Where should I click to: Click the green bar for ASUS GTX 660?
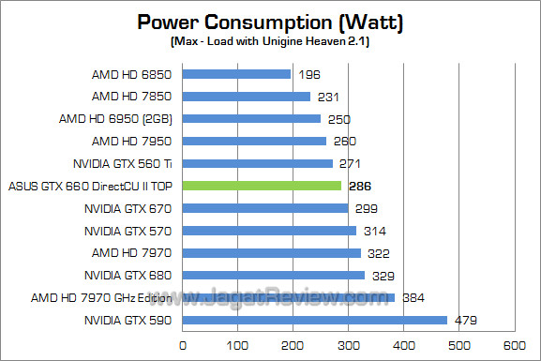pos(262,186)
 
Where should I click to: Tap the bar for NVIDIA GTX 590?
pos(314,320)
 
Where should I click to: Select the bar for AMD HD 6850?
pos(236,74)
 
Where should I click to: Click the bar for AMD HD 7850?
pos(246,97)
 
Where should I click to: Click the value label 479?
pos(466,320)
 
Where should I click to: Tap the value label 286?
pos(359,187)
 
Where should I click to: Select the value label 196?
pos(309,74)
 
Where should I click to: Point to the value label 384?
pos(413,298)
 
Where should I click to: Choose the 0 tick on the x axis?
pos(183,344)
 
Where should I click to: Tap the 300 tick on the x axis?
pos(348,344)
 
